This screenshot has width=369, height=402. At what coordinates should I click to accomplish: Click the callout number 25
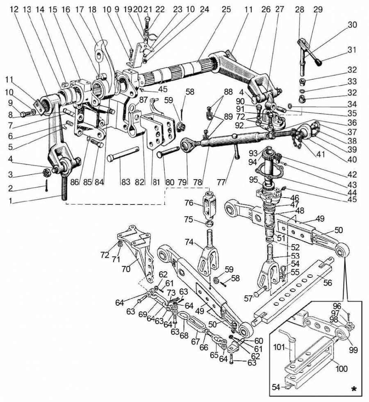tap(227, 9)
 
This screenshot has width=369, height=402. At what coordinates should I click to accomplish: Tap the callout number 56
tap(327, 282)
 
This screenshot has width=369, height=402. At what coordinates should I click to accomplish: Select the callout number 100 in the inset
tap(341, 369)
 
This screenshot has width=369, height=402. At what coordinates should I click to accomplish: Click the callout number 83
tap(126, 182)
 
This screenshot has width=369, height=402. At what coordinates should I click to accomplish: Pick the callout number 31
tap(352, 50)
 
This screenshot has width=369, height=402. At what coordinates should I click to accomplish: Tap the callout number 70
tap(126, 268)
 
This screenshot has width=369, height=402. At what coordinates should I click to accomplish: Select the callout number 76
tap(189, 203)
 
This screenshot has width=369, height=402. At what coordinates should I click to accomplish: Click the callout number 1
tap(11, 201)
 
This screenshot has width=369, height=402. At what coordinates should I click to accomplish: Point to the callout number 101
tap(279, 347)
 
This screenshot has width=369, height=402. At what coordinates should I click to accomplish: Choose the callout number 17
tap(80, 9)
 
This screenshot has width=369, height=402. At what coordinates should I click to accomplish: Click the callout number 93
tap(253, 153)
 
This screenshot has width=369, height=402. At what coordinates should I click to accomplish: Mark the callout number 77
tap(221, 182)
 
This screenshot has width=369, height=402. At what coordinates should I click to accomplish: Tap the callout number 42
tap(352, 174)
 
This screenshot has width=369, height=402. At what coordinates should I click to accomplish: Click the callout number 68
tap(184, 336)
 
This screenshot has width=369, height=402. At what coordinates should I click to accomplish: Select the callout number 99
tap(353, 350)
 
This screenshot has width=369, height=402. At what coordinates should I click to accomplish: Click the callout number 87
tap(143, 99)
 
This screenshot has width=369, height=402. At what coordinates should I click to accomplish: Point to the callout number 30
tap(352, 25)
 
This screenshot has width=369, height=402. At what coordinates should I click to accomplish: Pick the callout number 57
tap(248, 298)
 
